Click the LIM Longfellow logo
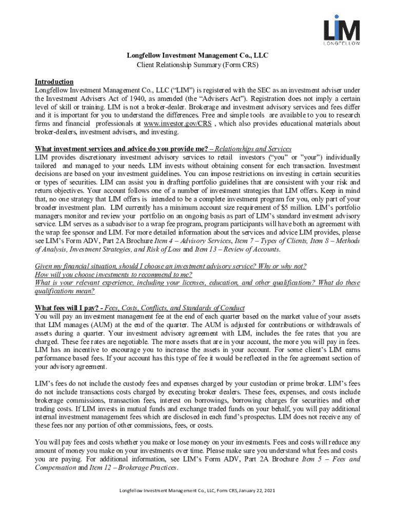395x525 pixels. tap(341, 30)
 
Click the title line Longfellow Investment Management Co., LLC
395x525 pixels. tap(197, 55)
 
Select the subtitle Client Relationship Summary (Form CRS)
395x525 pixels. tap(197, 65)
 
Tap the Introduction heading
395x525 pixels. tap(54, 82)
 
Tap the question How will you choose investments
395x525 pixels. tap(113, 274)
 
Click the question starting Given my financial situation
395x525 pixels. tap(170, 266)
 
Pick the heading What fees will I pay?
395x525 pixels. tap(68, 308)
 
